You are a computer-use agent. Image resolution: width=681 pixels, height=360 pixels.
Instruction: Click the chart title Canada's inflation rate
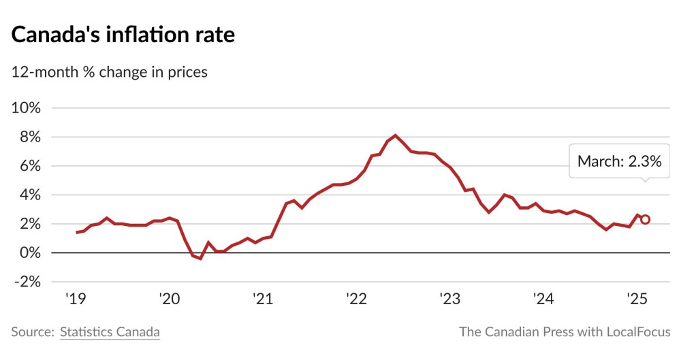pyautogui.click(x=123, y=35)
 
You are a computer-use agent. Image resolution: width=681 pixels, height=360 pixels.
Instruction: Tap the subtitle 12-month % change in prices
pyautogui.click(x=110, y=71)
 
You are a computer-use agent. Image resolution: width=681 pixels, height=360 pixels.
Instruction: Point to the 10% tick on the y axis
pyautogui.click(x=27, y=108)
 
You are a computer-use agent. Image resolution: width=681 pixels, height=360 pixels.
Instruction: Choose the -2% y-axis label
pyautogui.click(x=27, y=282)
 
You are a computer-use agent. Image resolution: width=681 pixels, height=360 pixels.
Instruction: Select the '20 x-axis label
pyautogui.click(x=168, y=299)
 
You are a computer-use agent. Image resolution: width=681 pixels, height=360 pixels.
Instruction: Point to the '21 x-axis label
pyautogui.click(x=262, y=299)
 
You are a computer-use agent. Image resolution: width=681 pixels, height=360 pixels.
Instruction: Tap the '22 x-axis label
pyautogui.click(x=356, y=299)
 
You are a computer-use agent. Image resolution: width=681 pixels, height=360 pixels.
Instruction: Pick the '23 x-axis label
pyautogui.click(x=450, y=299)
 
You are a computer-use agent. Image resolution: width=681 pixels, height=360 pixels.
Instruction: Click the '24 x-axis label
pyautogui.click(x=543, y=299)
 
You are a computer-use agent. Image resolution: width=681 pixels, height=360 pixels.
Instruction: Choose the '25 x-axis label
pyautogui.click(x=637, y=299)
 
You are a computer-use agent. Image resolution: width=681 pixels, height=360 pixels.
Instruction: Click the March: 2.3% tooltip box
pyautogui.click(x=619, y=161)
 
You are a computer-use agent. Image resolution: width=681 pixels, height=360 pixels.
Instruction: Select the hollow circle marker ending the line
pyautogui.click(x=645, y=219)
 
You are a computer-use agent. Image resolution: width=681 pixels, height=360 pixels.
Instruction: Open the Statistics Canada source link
pyautogui.click(x=110, y=332)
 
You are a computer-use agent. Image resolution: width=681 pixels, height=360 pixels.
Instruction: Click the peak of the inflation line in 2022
pyautogui.click(x=396, y=135)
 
